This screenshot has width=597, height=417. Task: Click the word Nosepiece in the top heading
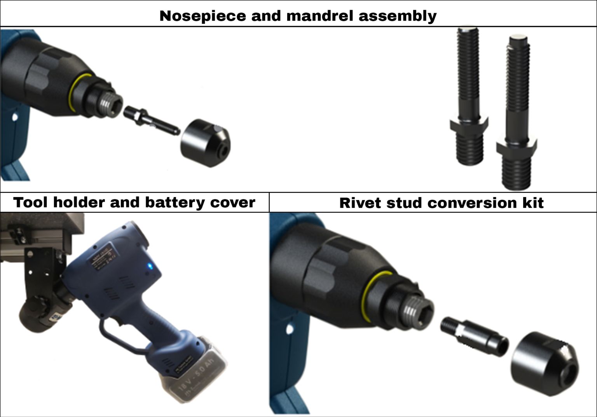click(x=203, y=16)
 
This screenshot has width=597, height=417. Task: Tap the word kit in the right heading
click(x=533, y=203)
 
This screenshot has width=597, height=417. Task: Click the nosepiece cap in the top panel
click(x=205, y=143)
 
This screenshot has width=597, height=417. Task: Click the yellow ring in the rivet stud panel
click(x=367, y=295)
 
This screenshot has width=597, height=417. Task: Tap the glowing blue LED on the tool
click(x=150, y=266)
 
